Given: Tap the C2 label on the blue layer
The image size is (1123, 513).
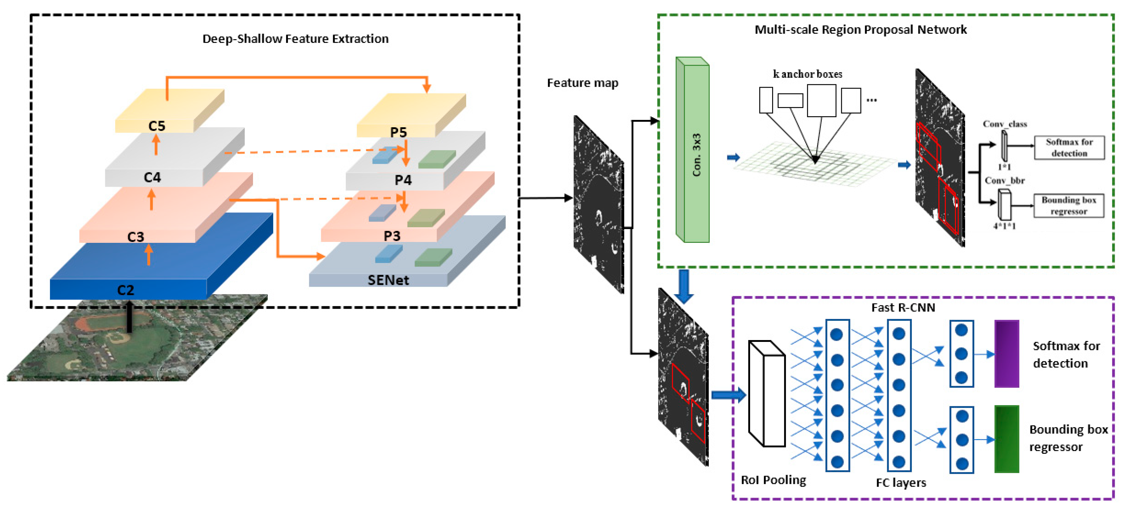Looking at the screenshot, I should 125,290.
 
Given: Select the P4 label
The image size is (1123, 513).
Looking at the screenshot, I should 403,180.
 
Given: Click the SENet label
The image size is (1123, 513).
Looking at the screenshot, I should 388,280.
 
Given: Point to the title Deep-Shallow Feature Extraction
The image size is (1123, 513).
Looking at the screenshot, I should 295,39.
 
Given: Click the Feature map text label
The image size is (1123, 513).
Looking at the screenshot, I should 582,83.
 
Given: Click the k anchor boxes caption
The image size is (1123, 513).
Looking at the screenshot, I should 807,74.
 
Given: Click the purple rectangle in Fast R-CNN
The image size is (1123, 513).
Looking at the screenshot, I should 1006,354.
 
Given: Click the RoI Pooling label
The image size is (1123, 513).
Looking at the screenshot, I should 773,480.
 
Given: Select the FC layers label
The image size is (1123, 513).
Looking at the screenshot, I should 901,483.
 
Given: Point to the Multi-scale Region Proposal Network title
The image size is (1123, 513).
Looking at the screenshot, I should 860,30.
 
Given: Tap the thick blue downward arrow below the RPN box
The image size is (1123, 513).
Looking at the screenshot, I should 684,286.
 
